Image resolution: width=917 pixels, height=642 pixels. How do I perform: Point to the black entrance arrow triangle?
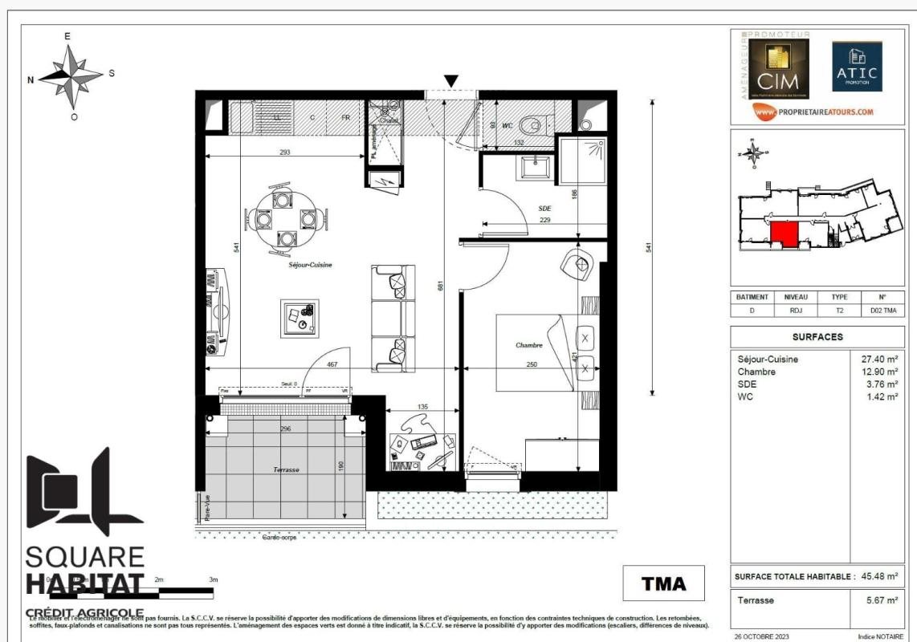[x=451, y=80]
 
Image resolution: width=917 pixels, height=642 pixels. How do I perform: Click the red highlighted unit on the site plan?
[x=785, y=235]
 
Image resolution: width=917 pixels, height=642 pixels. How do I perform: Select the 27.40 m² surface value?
[x=878, y=360]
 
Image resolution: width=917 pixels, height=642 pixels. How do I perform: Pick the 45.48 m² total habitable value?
[x=878, y=576]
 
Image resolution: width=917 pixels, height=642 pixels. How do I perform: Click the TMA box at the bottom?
[x=663, y=583]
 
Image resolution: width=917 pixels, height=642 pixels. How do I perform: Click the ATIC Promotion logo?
[x=856, y=67]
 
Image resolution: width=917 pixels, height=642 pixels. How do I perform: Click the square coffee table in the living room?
[x=300, y=318]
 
